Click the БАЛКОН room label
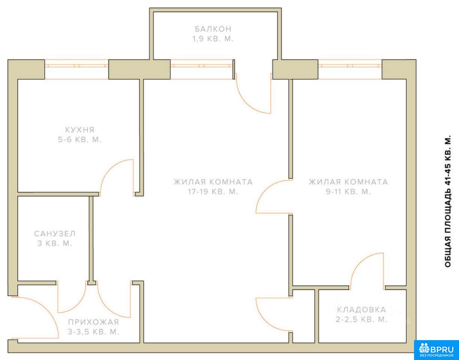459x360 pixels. tap(213, 29)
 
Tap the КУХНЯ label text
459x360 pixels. tap(80, 130)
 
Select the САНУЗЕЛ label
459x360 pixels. tap(55, 234)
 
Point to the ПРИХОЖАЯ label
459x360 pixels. tap(94, 322)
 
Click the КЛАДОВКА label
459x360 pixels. tap(362, 310)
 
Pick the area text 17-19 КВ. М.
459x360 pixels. tap(213, 192)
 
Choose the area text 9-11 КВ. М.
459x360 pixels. tap(348, 192)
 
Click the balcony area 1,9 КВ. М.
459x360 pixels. tap(213, 39)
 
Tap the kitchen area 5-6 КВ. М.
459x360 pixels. tap(80, 140)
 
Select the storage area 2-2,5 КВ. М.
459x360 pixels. tap(362, 319)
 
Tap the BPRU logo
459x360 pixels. tap(437, 349)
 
